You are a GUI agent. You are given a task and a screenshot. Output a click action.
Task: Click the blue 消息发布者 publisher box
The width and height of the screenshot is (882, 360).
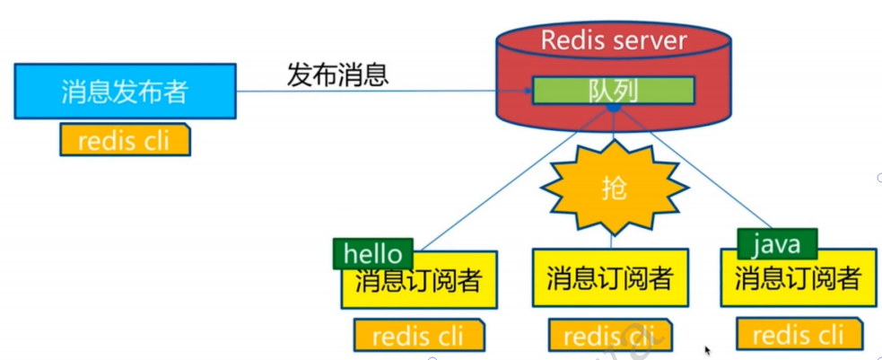(x=126, y=91)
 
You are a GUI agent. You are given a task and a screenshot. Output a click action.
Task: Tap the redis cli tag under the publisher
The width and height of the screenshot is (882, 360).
(x=125, y=140)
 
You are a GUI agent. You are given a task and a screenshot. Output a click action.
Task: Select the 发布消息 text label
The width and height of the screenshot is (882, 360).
(x=337, y=74)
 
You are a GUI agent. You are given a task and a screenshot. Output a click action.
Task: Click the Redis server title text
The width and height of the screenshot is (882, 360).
(x=613, y=40)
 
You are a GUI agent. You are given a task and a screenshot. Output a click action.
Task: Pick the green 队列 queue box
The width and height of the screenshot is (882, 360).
(x=614, y=90)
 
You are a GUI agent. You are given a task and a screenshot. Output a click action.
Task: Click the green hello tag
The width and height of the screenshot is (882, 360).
(x=373, y=254)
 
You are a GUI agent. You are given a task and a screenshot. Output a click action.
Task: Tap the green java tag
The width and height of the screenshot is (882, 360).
(x=776, y=242)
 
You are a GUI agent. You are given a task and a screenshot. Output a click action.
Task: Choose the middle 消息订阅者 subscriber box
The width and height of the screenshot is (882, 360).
(x=610, y=278)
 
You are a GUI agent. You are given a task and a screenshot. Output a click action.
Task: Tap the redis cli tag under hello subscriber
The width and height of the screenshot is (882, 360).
(x=418, y=336)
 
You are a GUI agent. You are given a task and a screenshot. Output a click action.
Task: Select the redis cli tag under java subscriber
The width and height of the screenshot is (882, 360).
(x=799, y=335)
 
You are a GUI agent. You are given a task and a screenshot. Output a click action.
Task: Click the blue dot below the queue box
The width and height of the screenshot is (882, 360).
(x=614, y=108)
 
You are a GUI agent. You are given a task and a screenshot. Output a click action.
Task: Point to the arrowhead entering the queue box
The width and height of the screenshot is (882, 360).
(x=528, y=90)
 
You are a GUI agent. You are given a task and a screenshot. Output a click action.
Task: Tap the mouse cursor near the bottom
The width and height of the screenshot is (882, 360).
(x=708, y=350)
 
